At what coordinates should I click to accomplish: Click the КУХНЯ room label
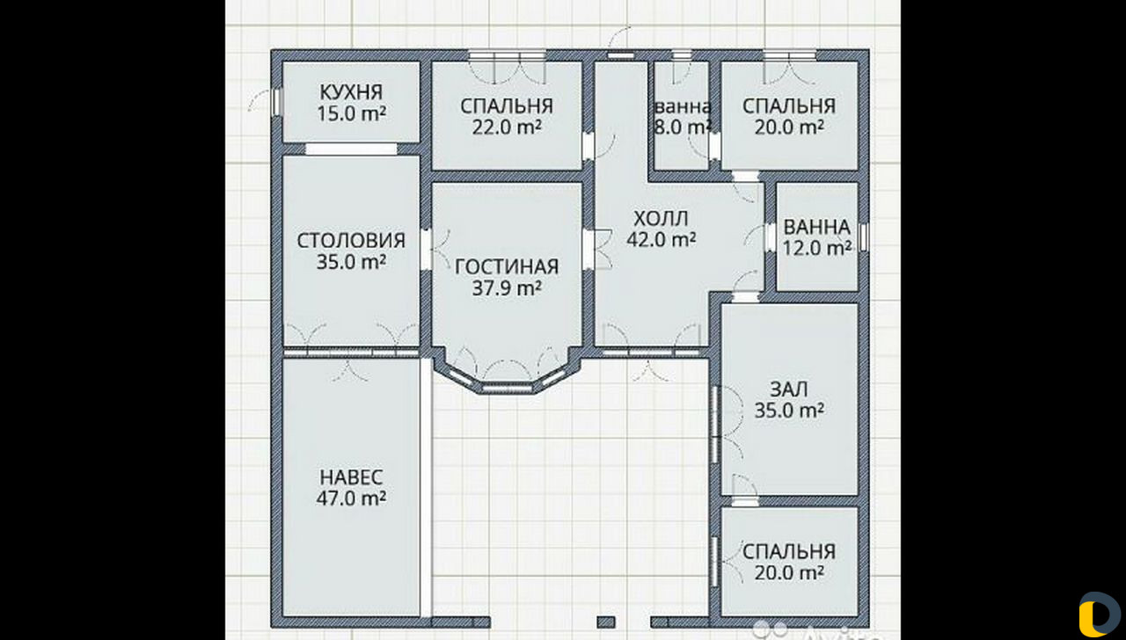351,92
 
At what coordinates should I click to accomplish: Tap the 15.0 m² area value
351,113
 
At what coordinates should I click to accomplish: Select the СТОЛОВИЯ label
351,241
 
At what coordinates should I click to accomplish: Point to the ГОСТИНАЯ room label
507,266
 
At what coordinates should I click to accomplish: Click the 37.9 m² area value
507,287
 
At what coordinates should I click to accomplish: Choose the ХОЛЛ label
661,219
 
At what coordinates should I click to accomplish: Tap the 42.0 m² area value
661,240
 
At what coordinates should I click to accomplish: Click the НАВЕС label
351,477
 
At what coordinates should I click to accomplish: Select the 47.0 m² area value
351,498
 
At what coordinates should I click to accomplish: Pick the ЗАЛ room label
789,389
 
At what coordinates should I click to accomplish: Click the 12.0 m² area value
817,248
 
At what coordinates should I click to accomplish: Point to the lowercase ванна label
684,107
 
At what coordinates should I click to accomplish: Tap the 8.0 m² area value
683,127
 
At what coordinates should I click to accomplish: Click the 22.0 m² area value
507,127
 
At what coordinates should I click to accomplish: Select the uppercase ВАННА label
817,227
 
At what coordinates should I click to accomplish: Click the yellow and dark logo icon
1100,615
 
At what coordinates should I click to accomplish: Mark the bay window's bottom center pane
507,389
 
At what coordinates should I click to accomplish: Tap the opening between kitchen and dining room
351,149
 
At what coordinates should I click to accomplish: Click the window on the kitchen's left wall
276,103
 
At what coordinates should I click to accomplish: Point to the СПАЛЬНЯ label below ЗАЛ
789,551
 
